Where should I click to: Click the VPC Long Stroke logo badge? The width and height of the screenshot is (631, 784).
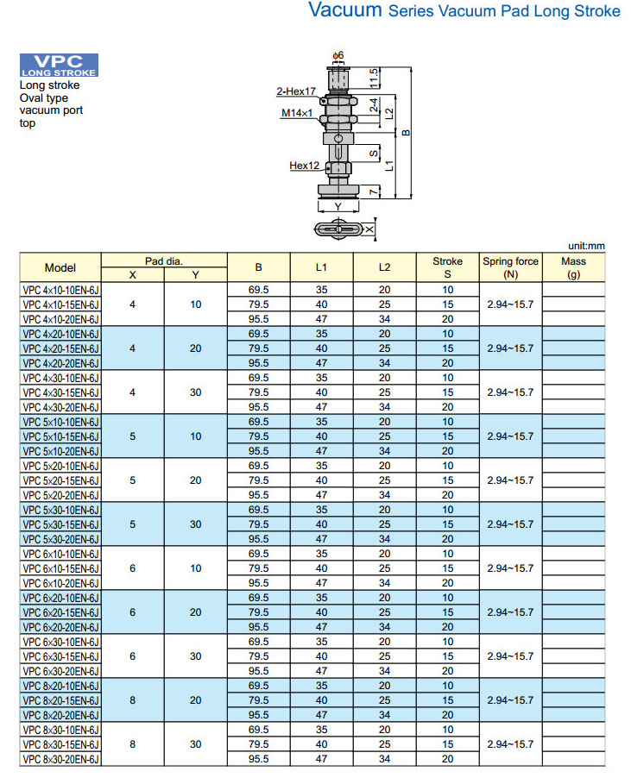click(x=59, y=66)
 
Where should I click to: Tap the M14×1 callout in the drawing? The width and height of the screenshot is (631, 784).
click(x=296, y=113)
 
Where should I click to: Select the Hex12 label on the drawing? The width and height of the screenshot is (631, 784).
click(x=304, y=166)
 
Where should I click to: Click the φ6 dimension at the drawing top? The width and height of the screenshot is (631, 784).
click(x=338, y=55)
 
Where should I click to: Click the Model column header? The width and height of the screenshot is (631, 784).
click(x=60, y=267)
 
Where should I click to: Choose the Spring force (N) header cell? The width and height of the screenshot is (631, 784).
click(x=510, y=267)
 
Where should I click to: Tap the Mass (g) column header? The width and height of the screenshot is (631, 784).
click(x=573, y=267)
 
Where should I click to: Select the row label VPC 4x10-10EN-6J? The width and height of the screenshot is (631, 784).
click(x=60, y=290)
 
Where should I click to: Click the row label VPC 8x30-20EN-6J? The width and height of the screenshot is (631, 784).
click(x=60, y=759)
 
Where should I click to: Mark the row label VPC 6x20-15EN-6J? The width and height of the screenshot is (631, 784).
click(x=60, y=612)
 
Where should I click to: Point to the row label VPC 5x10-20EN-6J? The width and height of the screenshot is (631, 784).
click(x=60, y=451)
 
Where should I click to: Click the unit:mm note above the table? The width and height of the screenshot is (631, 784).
click(x=587, y=246)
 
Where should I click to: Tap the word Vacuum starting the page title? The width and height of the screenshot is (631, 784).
click(x=344, y=11)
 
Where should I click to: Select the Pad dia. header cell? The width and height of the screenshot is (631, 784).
click(x=164, y=260)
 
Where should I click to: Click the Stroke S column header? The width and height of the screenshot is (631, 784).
click(x=447, y=267)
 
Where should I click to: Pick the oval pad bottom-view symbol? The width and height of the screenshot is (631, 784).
click(x=338, y=229)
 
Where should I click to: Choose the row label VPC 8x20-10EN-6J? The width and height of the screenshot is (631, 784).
click(x=60, y=686)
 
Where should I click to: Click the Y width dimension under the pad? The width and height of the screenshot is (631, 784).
click(x=338, y=207)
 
